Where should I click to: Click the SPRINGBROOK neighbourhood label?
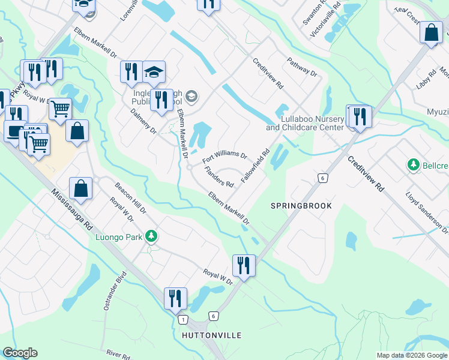pos(301,206)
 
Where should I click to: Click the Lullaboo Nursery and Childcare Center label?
pos(305,124)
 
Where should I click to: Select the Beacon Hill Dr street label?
pos(130,199)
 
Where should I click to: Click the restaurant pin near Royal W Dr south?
pos(244,265)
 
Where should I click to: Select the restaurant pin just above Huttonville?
pos(175,298)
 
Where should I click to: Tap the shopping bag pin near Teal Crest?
pos(431,32)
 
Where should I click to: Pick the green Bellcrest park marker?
pos(413,164)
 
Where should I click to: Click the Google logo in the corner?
pos(20,353)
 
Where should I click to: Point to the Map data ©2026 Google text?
pos(412,355)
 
